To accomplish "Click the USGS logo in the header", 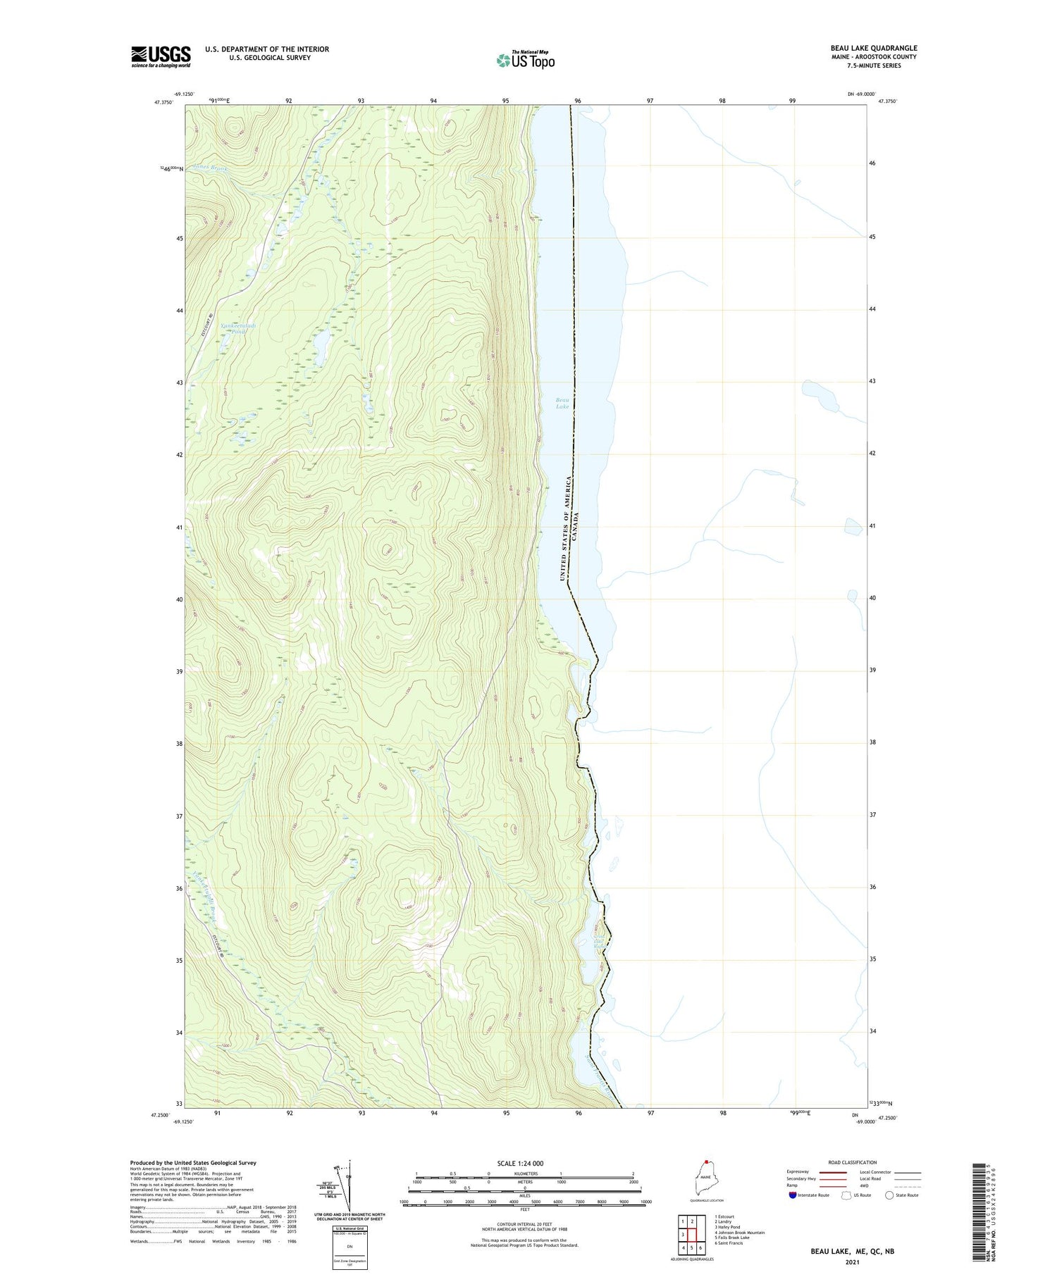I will click(161, 56).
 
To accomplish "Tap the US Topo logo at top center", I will click(525, 61).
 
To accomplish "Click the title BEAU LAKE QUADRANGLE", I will click(874, 49).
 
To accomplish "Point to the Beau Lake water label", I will click(562, 403).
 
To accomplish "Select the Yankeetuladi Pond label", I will click(237, 328).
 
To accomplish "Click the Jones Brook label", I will click(209, 168).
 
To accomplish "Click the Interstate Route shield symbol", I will click(793, 1195).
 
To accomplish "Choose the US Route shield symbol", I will click(846, 1195).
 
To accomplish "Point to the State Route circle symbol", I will click(889, 1195).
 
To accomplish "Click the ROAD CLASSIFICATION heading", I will click(852, 1162).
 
